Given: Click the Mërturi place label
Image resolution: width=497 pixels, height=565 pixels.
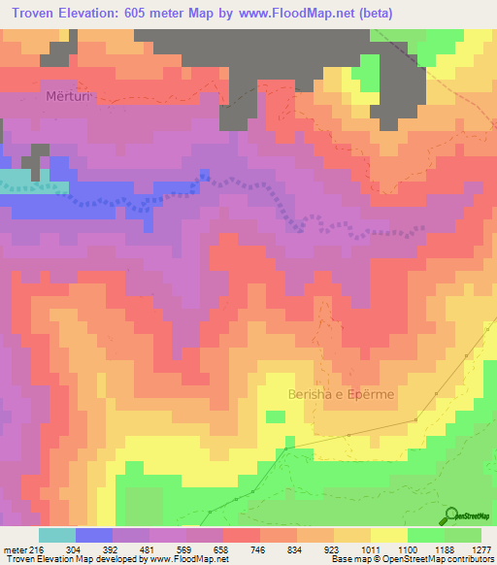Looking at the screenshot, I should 66,97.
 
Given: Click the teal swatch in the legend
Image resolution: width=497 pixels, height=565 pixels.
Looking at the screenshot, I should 57,535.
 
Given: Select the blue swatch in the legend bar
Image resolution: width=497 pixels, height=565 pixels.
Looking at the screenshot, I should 94,535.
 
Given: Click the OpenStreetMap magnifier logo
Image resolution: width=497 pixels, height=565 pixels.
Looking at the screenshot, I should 451,515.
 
